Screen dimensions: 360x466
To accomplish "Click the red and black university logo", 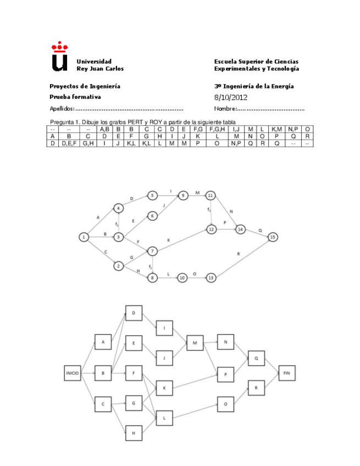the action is coord(58,57).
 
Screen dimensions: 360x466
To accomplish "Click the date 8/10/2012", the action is coord(231,97).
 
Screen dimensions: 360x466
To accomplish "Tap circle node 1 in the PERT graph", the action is coord(84,237).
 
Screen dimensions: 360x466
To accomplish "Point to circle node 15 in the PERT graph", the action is coord(272,237).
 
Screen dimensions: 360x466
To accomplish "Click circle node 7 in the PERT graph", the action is coord(153,251).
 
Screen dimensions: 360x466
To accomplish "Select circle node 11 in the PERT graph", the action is coord(211,195).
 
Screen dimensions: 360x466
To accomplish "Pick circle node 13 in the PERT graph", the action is coord(211,278).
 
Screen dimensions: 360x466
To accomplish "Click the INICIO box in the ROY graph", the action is coord(73,373).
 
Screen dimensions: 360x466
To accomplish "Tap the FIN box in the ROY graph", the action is coord(286,373).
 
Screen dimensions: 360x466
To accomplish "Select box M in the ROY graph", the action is coord(195,344).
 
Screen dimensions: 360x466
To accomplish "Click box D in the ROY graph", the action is coord(134,314).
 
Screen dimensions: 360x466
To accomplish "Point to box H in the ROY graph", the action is coord(134,432).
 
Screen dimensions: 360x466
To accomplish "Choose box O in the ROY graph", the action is coord(225,404).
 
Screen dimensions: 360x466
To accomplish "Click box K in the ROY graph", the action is coord(164,388).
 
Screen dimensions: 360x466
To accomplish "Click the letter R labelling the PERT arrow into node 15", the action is coord(238,254).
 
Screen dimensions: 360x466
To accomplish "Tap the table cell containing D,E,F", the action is coord(69,143).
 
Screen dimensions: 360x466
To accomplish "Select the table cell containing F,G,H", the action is coord(218,129).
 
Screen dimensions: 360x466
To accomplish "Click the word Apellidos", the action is coord(60,109).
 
